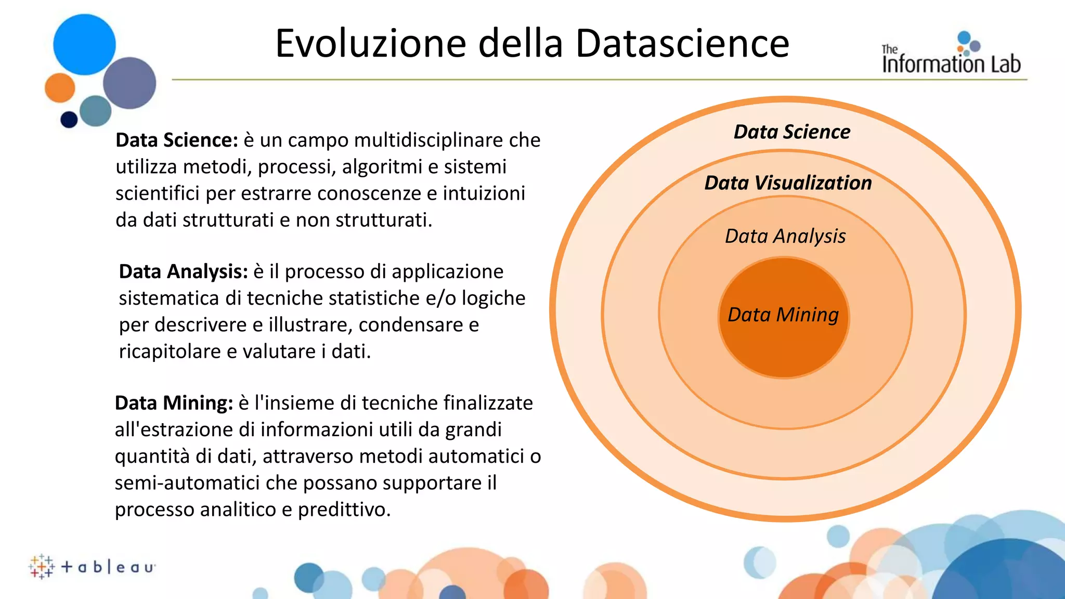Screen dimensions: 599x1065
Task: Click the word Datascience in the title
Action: [682, 44]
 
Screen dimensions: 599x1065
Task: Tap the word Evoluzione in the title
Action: [370, 44]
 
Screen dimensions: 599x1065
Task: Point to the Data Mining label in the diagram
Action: [783, 315]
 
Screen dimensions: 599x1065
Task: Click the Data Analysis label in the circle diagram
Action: [785, 236]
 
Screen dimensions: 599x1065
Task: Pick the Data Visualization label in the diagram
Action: [788, 183]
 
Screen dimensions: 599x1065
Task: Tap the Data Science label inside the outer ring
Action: [792, 132]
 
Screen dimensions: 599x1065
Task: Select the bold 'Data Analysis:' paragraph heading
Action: [184, 272]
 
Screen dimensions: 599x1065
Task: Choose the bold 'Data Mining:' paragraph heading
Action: [174, 403]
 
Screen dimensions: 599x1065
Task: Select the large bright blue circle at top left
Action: [84, 45]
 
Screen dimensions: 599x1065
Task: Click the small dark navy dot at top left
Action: [69, 120]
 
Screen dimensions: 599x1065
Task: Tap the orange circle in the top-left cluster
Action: [60, 88]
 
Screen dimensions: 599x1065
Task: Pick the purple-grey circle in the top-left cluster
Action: [129, 83]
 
